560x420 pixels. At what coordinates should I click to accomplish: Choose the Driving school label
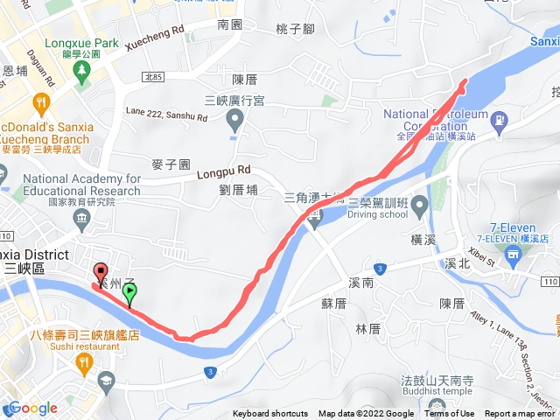tap(377, 214)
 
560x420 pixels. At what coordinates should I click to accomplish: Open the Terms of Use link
tap(450, 414)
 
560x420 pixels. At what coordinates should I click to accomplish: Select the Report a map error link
tap(521, 414)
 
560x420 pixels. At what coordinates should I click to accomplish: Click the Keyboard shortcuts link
tap(270, 414)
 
